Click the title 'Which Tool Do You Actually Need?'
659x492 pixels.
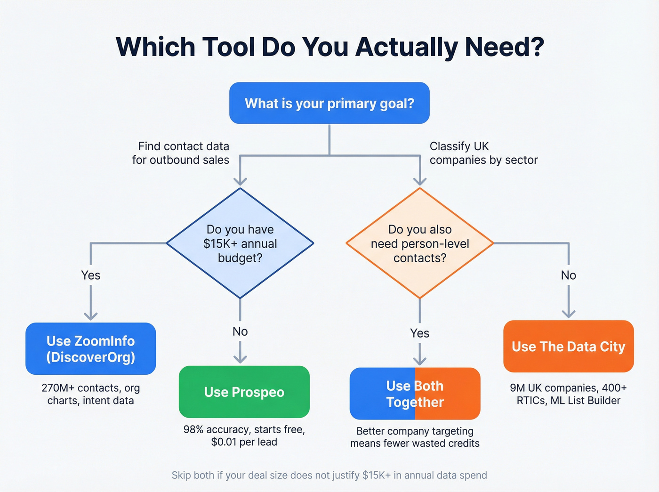click(x=329, y=47)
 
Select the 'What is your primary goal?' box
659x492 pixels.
click(x=329, y=103)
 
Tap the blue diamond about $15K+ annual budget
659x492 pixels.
click(x=240, y=243)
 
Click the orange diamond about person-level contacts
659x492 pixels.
click(x=419, y=243)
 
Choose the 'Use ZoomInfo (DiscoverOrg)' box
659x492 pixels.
click(x=91, y=349)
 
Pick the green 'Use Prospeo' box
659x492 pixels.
click(x=244, y=392)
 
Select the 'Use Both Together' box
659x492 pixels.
click(x=415, y=394)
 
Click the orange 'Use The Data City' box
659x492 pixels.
click(x=569, y=347)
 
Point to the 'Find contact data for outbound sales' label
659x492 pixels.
click(x=181, y=153)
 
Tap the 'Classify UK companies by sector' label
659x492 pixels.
click(x=483, y=153)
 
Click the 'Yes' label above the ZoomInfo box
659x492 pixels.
click(x=91, y=275)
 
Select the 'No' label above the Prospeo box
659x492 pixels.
click(x=240, y=331)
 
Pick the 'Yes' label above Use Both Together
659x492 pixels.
click(x=419, y=333)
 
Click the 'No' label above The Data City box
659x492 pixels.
click(x=569, y=275)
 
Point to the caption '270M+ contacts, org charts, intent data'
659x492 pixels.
click(x=91, y=394)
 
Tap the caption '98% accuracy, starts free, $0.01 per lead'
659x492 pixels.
click(x=244, y=436)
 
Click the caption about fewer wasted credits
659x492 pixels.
click(x=415, y=437)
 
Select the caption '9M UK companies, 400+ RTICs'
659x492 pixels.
click(x=569, y=394)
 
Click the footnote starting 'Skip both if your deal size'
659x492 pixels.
click(x=329, y=475)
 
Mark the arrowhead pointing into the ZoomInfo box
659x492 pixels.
click(x=91, y=316)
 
